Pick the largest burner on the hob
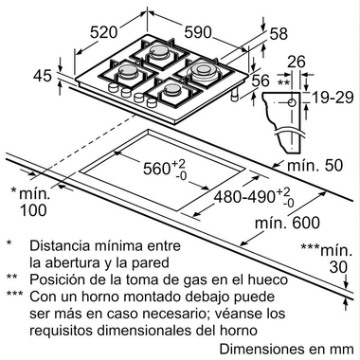pos(204,71)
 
